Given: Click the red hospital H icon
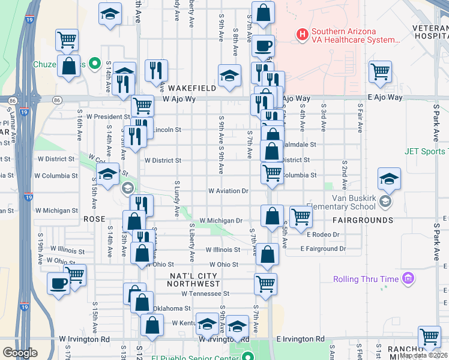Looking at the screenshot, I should pos(303,35).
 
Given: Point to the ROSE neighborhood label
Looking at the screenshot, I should pos(94,220).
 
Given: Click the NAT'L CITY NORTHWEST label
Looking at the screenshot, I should pos(193,279).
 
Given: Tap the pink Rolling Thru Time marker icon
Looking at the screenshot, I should pos(409,278).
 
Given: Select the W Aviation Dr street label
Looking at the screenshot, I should pos(228,191).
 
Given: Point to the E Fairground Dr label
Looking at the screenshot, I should pos(324,248).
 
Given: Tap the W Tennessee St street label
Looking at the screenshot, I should pos(206,293).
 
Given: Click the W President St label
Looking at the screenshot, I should pos(108,116).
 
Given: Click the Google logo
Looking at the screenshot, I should pos(20,352).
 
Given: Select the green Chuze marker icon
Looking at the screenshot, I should pos(94,62).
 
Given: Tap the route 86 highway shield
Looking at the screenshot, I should pos(57,100).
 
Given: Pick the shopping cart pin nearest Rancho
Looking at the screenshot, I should pos(430,338).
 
